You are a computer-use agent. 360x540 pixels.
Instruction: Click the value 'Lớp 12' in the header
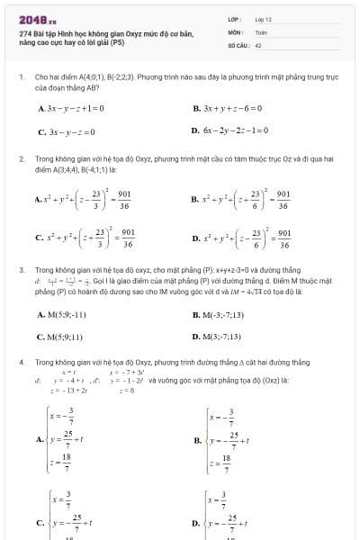[x=264, y=18]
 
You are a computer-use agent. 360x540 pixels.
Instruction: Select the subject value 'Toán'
[x=261, y=31]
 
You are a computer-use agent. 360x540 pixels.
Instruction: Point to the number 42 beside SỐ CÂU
[x=258, y=43]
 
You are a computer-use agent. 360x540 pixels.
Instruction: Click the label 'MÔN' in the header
[x=234, y=31]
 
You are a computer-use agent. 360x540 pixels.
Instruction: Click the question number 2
[x=21, y=158]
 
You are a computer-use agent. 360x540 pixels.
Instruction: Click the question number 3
[x=21, y=269]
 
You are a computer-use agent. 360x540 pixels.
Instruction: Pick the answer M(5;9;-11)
[x=62, y=315]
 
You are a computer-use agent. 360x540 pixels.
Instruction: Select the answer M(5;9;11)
[x=60, y=337]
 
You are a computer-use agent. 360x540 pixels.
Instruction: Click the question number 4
[x=21, y=361]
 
